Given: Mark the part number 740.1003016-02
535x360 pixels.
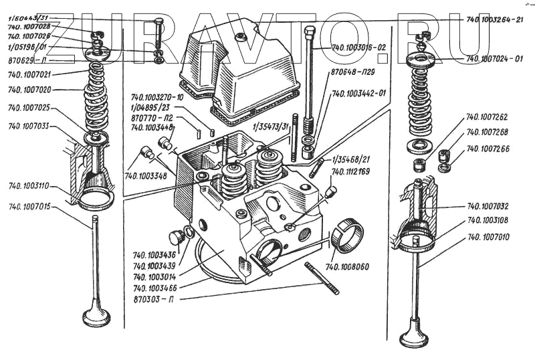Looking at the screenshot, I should click(358, 48).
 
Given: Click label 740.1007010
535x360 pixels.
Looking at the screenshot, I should click(493, 237).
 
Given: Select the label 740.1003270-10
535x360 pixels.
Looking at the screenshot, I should click(158, 98).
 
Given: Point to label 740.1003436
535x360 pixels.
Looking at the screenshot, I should click(154, 255).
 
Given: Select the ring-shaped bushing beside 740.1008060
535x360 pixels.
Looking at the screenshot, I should click(347, 237).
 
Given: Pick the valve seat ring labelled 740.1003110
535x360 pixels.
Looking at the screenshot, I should click(96, 200).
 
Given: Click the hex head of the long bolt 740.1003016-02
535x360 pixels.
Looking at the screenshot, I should click(309, 31).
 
